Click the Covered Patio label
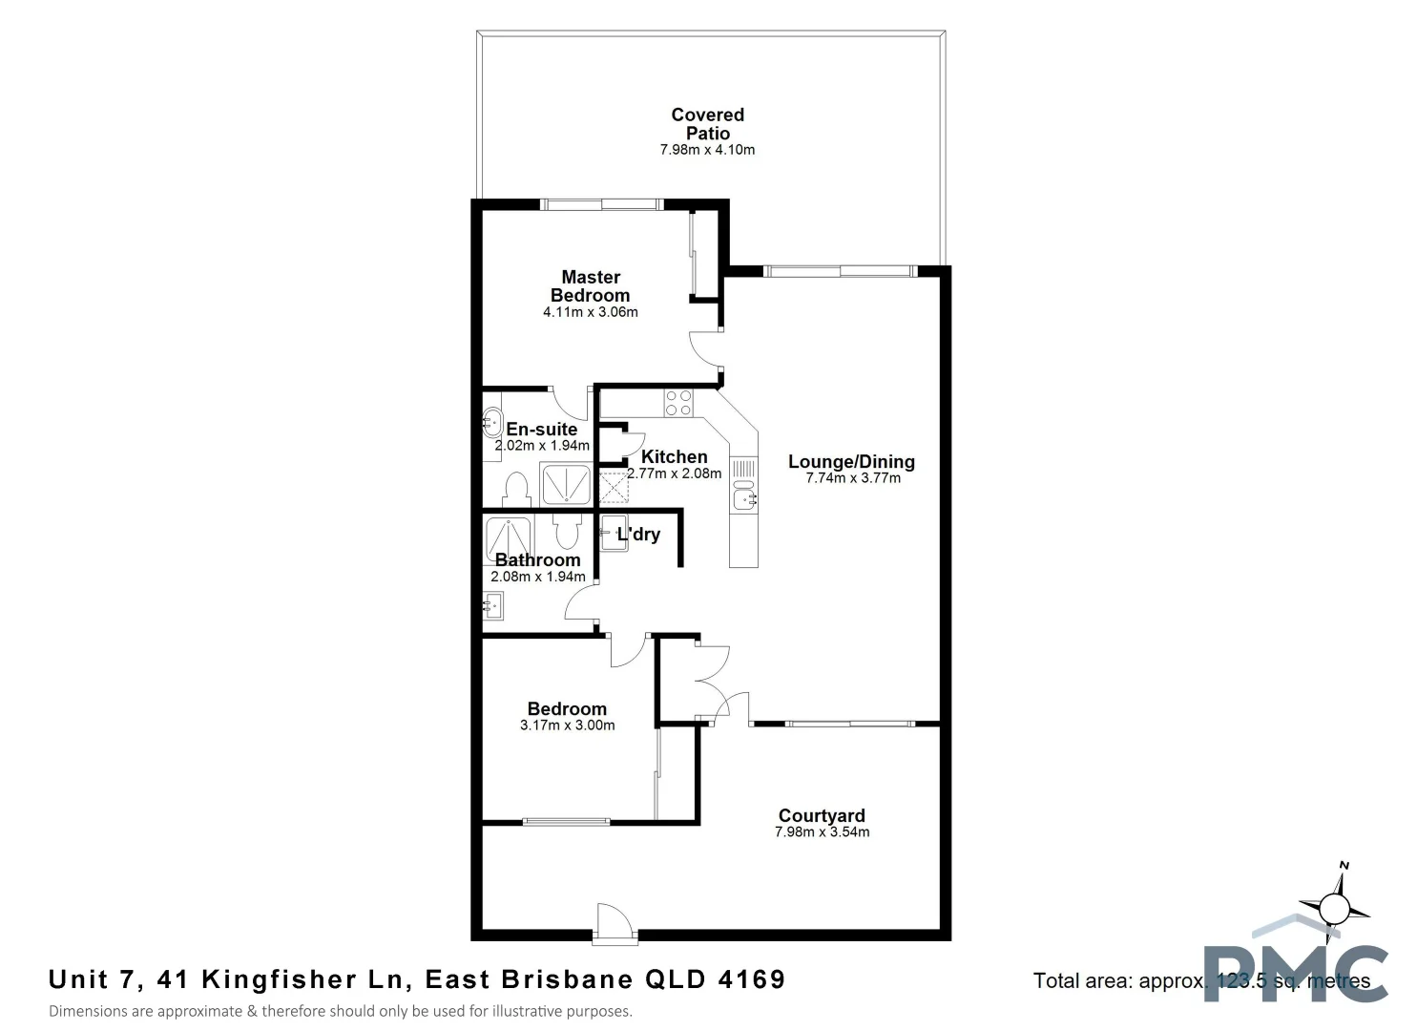(707, 124)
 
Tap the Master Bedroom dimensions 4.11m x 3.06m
(590, 312)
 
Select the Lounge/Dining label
(851, 462)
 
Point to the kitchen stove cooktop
(678, 403)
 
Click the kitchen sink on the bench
(744, 498)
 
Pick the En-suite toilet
(516, 490)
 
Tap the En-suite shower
(566, 484)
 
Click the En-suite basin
(492, 420)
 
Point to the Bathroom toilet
(567, 530)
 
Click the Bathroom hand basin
(492, 605)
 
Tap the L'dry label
(638, 535)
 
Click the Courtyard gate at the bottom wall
(615, 924)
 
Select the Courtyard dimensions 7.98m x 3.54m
(822, 832)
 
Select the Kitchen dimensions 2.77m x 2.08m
(674, 473)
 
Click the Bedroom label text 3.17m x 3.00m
(567, 726)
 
